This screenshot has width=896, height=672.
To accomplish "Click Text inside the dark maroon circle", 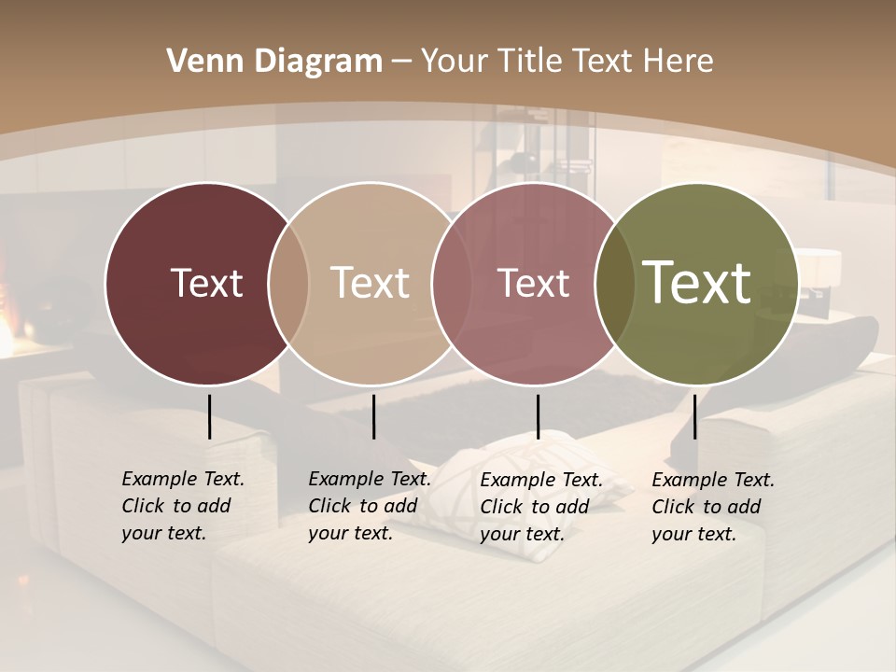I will pyautogui.click(x=206, y=283).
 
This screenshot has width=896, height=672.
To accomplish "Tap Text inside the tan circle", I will pyautogui.click(x=370, y=283).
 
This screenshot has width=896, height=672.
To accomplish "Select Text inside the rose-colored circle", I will pyautogui.click(x=533, y=283).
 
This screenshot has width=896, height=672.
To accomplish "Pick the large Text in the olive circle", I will pyautogui.click(x=697, y=283).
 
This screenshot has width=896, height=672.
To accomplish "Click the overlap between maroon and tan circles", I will pyautogui.click(x=288, y=283).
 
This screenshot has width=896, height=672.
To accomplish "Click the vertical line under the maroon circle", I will pyautogui.click(x=209, y=416).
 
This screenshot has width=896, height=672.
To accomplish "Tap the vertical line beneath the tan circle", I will pyautogui.click(x=373, y=416).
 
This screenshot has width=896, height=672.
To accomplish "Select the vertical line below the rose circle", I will pyautogui.click(x=538, y=416).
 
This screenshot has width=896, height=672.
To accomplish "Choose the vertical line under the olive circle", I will pyautogui.click(x=694, y=416).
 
